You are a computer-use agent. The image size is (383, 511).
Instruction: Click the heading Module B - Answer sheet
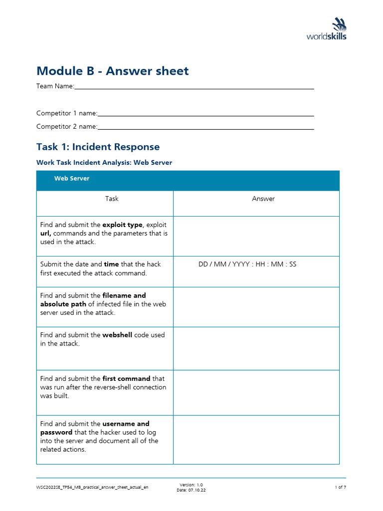(x=113, y=71)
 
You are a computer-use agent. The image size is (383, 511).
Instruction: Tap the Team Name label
(x=55, y=86)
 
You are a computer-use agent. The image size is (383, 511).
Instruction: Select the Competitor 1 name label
(x=67, y=113)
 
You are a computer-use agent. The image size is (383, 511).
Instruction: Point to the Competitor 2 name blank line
(x=205, y=129)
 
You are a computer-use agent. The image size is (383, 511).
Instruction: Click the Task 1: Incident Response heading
(x=98, y=147)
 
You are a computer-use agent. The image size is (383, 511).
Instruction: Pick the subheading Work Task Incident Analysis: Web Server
(x=104, y=163)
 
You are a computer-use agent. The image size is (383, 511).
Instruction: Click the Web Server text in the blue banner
(x=72, y=178)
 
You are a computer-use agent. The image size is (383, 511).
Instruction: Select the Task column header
(x=112, y=199)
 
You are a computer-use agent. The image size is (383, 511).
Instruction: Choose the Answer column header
(x=263, y=199)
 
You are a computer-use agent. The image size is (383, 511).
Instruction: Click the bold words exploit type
(x=122, y=225)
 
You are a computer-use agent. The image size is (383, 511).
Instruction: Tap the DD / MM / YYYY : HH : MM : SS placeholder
(x=247, y=264)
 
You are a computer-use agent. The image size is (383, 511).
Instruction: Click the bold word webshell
(x=117, y=335)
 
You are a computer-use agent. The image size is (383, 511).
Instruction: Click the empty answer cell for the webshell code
(x=256, y=348)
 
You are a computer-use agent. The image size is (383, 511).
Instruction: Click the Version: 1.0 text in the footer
(x=191, y=485)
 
